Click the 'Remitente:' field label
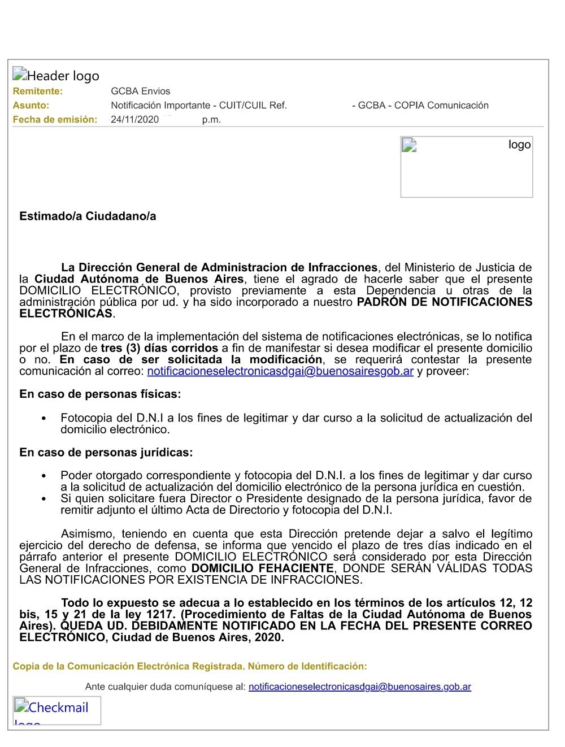click(38, 92)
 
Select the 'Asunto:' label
click(31, 106)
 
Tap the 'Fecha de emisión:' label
click(55, 120)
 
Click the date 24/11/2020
click(134, 120)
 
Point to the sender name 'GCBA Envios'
click(140, 92)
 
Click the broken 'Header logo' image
click(56, 76)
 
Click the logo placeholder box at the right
click(466, 167)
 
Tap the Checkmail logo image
click(56, 710)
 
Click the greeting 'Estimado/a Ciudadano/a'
click(88, 216)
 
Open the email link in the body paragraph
click(280, 371)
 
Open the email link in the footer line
click(359, 687)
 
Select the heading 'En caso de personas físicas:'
click(100, 394)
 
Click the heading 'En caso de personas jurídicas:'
click(106, 453)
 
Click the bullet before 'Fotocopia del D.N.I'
click(44, 419)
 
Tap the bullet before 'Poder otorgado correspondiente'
click(44, 476)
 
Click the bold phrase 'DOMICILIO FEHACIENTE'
click(263, 568)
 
